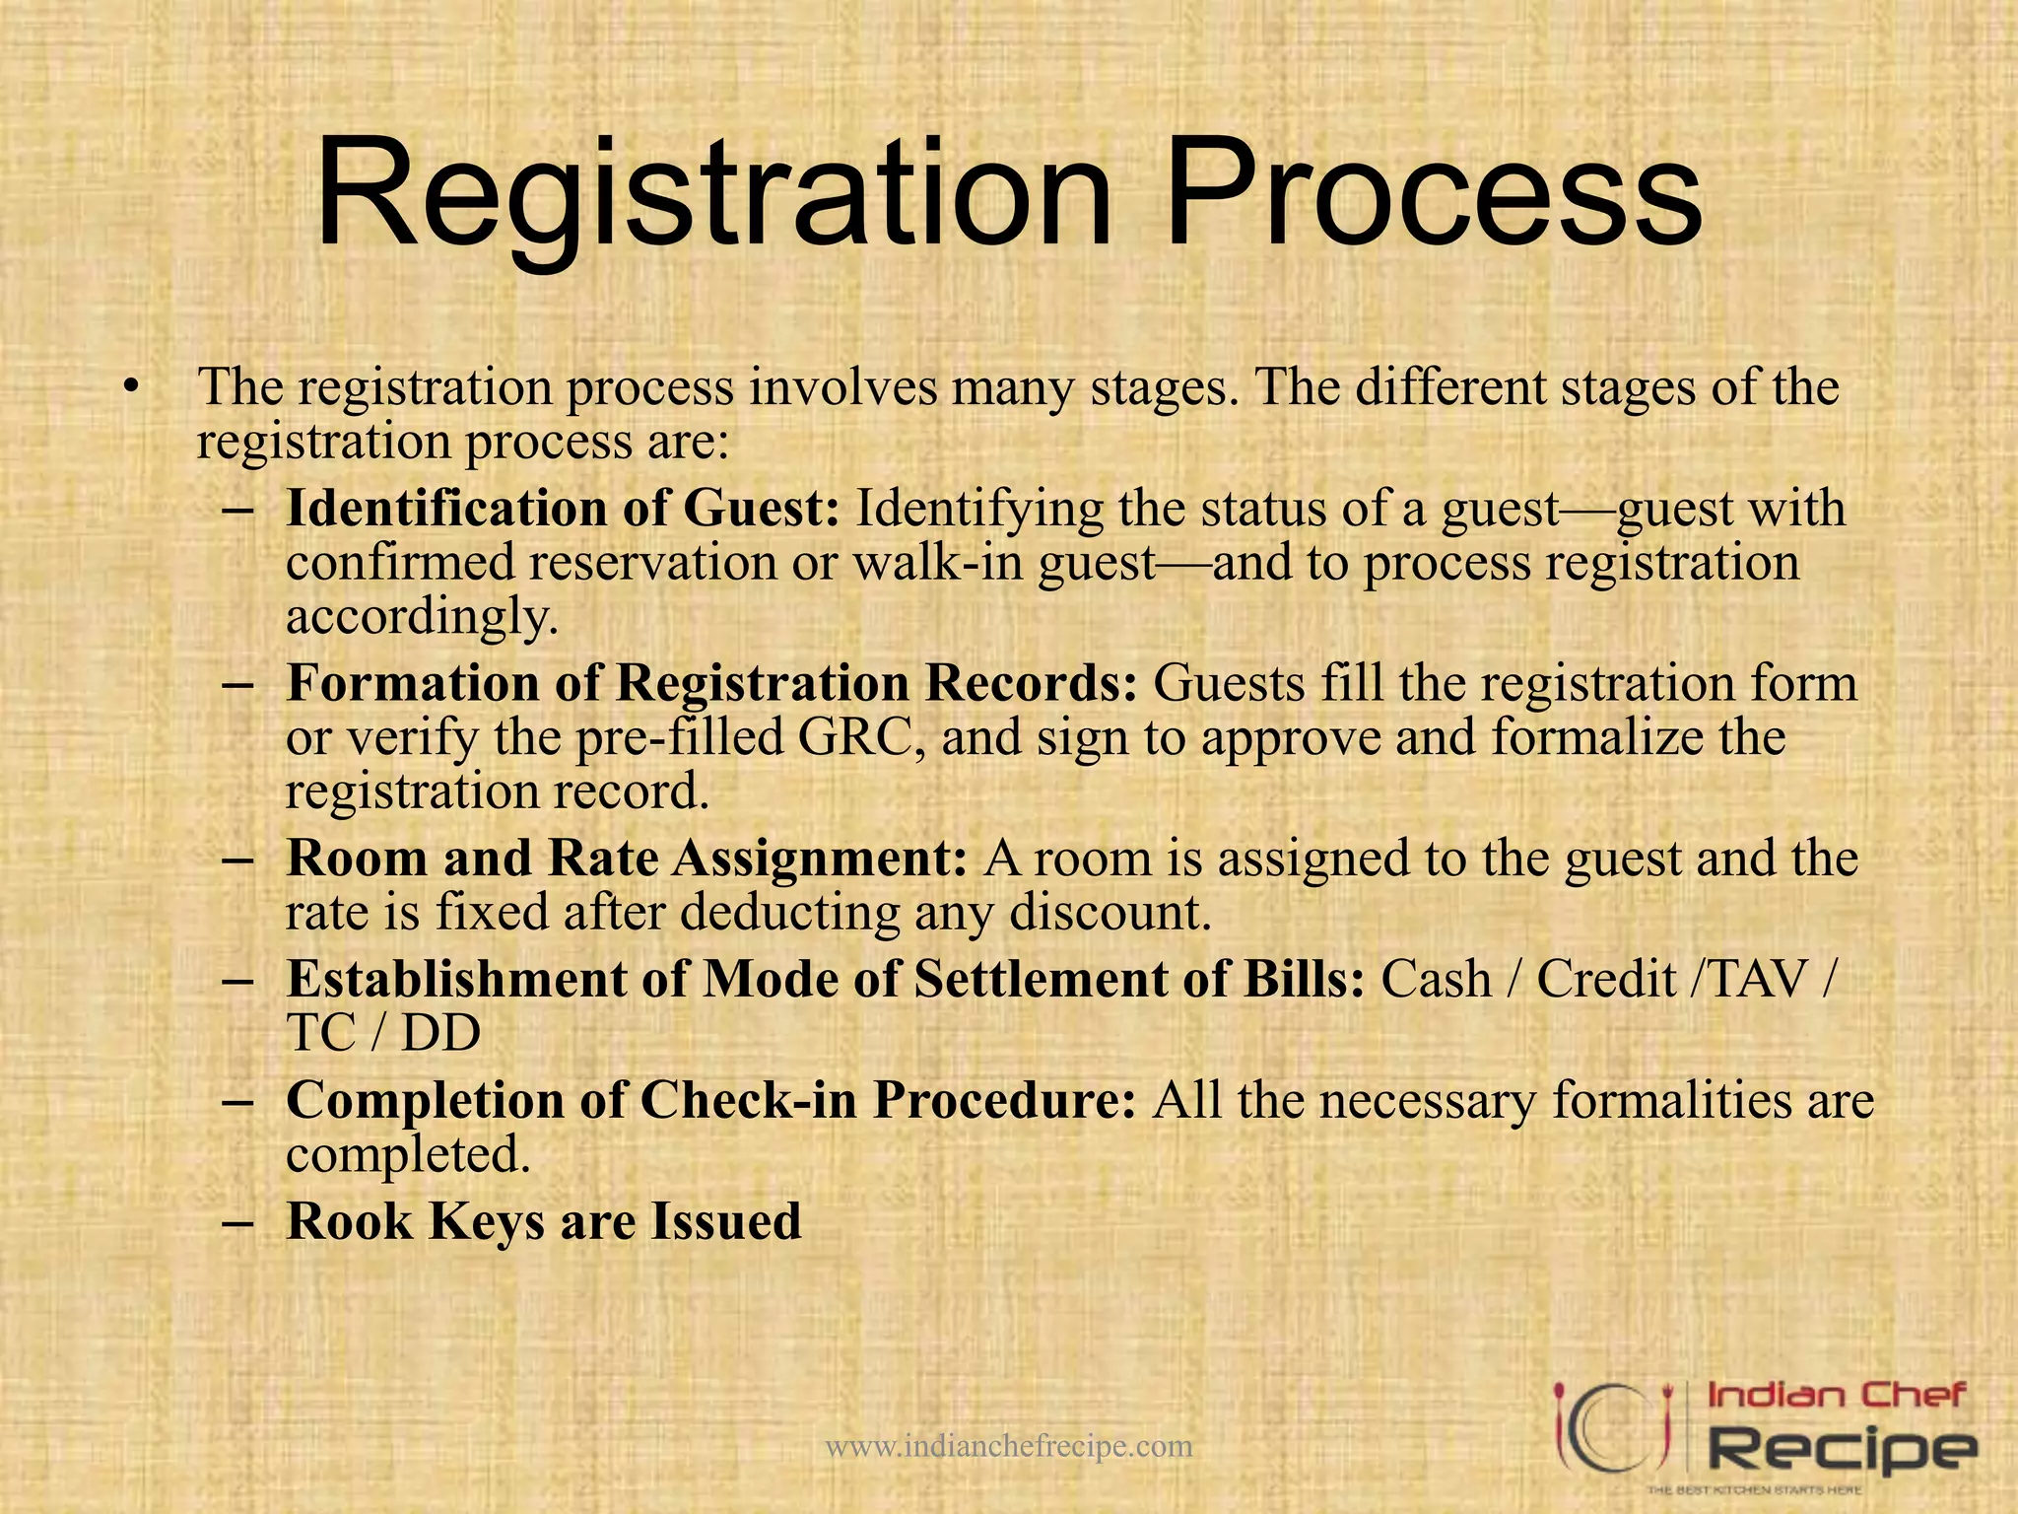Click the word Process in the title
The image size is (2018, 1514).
[x=1434, y=197]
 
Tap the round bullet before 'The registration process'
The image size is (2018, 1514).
[x=129, y=387]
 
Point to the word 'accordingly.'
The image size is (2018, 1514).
[x=422, y=618]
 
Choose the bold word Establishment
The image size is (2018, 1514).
[x=456, y=980]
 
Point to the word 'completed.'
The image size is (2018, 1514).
[x=408, y=1155]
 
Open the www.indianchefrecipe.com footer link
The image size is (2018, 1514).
[x=1008, y=1447]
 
